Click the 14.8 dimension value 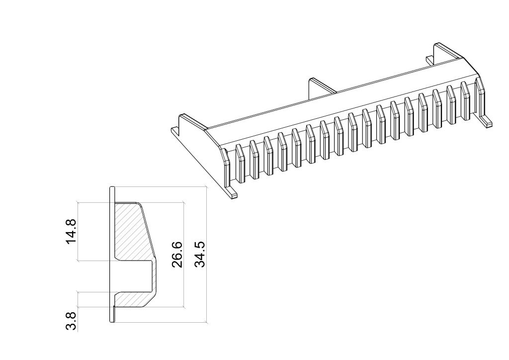(71, 231)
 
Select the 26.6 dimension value (177, 254)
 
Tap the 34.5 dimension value (200, 254)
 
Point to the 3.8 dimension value (71, 321)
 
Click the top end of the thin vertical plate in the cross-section (112, 187)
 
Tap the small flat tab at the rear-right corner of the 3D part (430, 60)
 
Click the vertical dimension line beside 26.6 (184, 255)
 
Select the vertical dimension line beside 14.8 (78, 231)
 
